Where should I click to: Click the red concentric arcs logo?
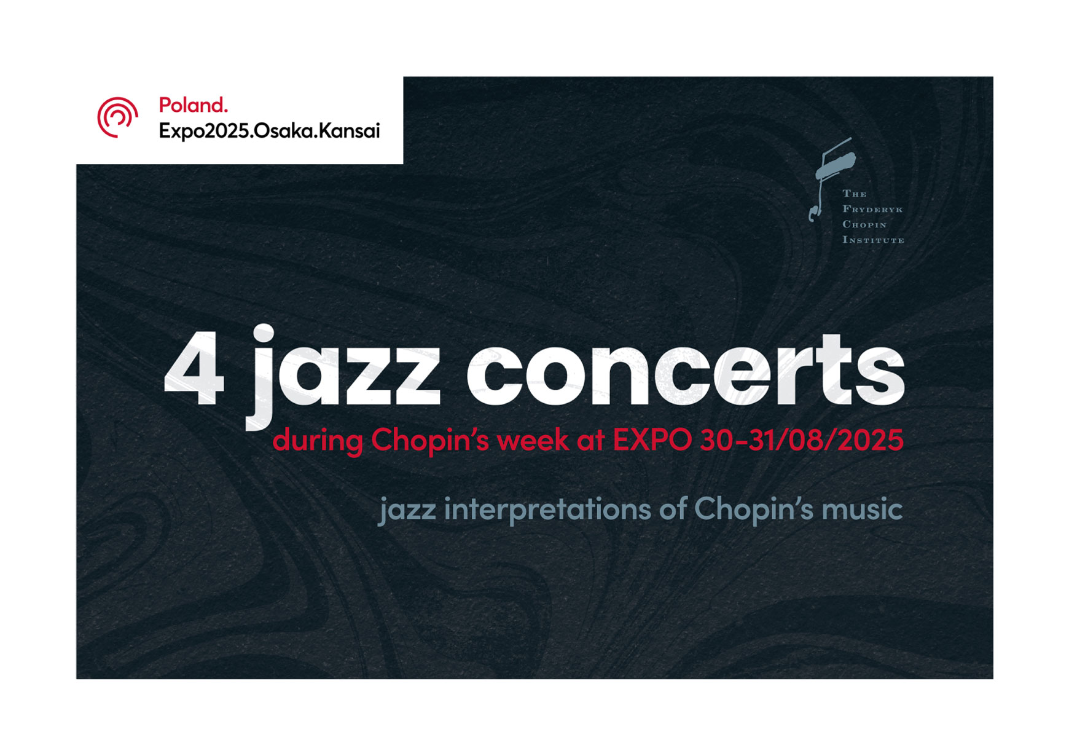pos(117,117)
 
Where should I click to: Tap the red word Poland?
pos(193,105)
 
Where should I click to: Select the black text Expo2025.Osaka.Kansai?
pos(269,131)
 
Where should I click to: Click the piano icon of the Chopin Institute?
pos(832,175)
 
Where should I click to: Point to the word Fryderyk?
pos(872,210)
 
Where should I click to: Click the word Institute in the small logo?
pos(873,240)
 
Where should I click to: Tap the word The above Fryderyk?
pos(854,194)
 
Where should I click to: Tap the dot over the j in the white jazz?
pos(264,333)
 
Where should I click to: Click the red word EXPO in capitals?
pos(652,441)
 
